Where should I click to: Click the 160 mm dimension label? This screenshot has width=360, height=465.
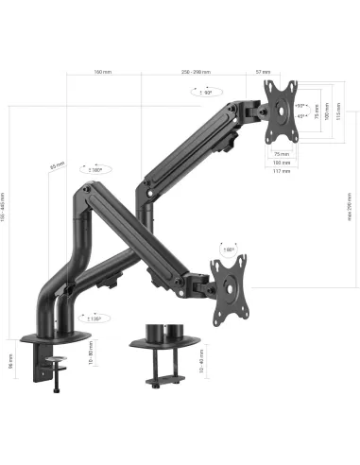click(102, 71)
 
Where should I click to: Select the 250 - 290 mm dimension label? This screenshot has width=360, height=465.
click(214, 71)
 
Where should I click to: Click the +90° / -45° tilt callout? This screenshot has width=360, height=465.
click(300, 111)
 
